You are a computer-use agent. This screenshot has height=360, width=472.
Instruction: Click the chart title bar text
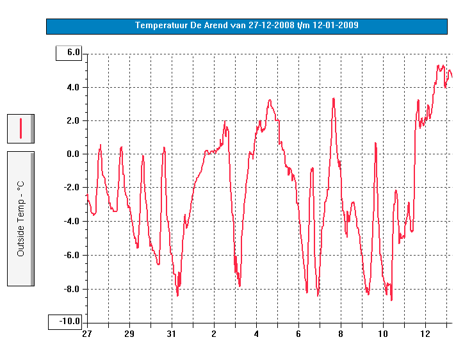247,26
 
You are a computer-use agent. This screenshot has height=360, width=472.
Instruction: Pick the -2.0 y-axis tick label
72,187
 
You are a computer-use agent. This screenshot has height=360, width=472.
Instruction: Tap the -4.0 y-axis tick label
72,221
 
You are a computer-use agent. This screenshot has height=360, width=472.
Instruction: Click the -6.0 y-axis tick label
72,255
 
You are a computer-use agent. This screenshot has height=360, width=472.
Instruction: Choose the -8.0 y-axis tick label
72,288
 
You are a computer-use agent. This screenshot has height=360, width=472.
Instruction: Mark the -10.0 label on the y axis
70,322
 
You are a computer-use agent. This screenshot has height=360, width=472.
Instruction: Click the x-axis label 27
86,334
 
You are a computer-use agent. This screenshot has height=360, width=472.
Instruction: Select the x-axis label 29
129,334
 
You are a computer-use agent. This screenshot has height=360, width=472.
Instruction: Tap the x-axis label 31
171,334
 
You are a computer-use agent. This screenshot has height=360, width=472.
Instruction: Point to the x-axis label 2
214,334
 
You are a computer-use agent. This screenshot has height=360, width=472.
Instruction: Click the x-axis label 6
298,334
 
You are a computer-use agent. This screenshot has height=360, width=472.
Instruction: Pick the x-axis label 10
383,334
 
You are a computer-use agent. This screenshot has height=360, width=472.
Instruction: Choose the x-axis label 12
425,334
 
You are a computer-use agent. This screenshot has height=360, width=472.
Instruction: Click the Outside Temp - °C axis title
20,218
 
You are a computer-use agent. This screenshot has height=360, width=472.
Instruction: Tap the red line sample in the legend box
20,128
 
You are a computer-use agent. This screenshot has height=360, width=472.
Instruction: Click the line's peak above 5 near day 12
439,65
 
